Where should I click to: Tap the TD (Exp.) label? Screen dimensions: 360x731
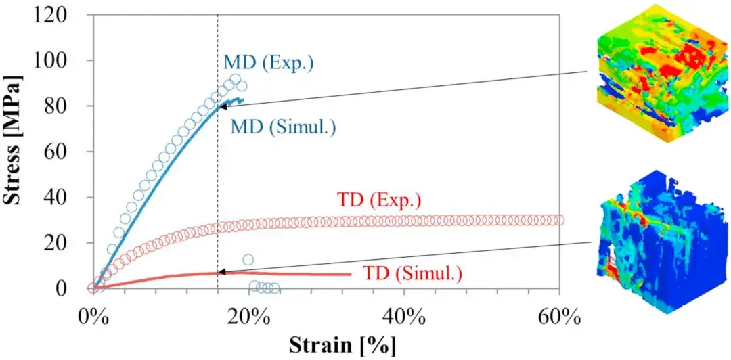[378, 201]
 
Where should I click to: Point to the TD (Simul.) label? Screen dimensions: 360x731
[412, 274]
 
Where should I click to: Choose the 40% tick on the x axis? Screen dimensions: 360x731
[403, 315]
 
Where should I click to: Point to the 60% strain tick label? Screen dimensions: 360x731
[559, 315]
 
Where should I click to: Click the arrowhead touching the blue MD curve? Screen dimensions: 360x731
[221, 106]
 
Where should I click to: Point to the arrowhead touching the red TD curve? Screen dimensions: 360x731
[221, 272]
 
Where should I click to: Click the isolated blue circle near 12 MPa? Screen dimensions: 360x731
[248, 259]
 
